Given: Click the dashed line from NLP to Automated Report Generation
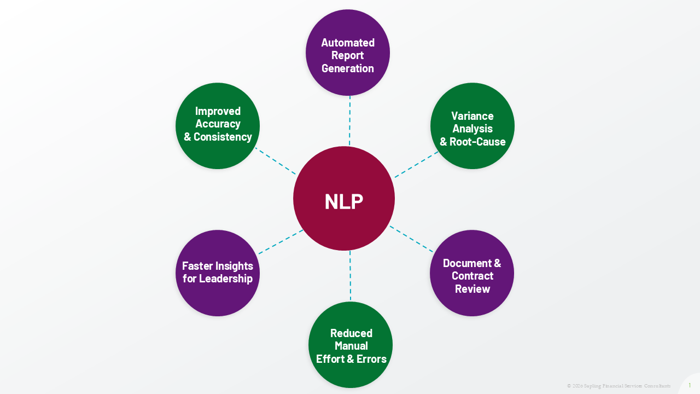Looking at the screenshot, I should [x=349, y=120].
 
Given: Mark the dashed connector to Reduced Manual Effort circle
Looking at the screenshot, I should [x=350, y=276].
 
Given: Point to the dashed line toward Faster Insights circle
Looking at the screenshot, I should [x=281, y=241].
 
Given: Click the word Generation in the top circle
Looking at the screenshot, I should [x=348, y=68].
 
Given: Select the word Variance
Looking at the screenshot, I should [x=472, y=116].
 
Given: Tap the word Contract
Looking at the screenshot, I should [x=472, y=276].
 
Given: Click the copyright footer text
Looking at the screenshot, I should [x=619, y=386].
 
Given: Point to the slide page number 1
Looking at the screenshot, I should [x=690, y=385].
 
